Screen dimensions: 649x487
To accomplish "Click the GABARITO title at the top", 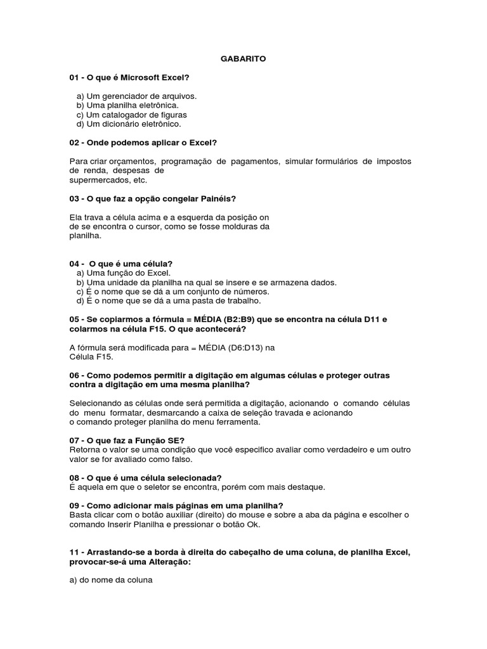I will click(x=243, y=59).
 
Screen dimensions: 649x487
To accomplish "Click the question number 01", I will click(x=74, y=78).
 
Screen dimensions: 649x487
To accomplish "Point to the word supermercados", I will click(x=95, y=180).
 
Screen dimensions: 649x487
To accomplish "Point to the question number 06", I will click(x=74, y=375).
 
